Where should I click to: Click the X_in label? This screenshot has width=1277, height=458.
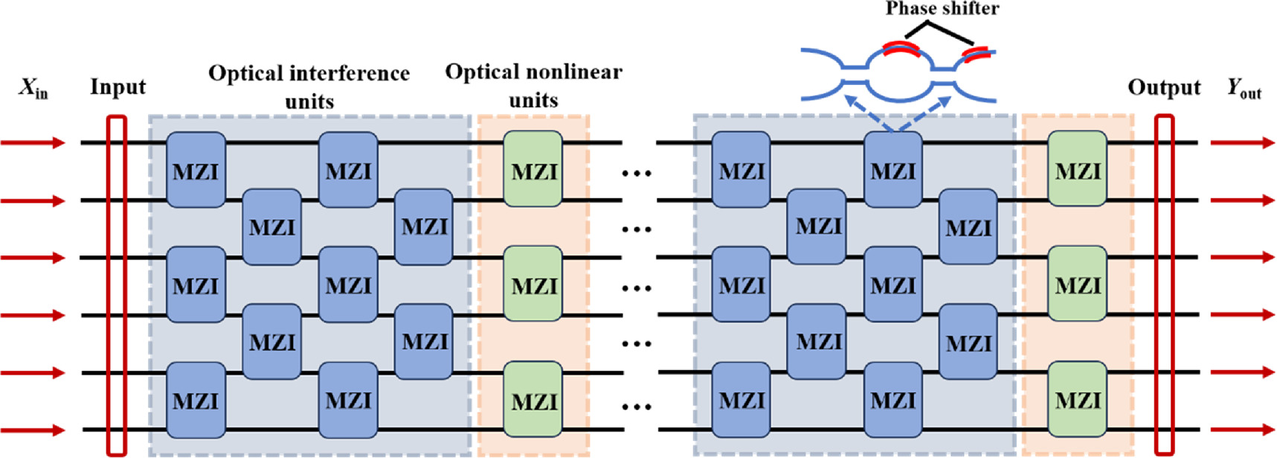tap(33, 89)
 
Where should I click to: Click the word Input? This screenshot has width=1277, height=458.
tap(118, 87)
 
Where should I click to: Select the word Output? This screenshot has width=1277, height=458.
tap(1164, 88)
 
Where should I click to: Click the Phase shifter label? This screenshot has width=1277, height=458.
tap(942, 9)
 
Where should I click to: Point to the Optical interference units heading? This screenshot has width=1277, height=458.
tap(309, 86)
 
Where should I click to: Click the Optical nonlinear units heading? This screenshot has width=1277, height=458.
tap(533, 85)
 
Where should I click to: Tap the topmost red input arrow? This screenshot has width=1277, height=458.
tap(33, 142)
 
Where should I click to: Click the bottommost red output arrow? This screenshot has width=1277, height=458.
tap(1242, 430)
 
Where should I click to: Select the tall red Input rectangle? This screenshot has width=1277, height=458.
tap(117, 284)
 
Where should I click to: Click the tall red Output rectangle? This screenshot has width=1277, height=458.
tap(1164, 284)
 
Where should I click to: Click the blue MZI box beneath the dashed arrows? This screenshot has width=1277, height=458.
tap(893, 169)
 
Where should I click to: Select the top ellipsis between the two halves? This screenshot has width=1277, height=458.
tap(637, 174)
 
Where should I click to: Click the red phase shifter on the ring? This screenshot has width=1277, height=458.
tap(901, 49)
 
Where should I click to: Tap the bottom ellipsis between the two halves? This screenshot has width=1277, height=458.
tap(637, 407)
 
